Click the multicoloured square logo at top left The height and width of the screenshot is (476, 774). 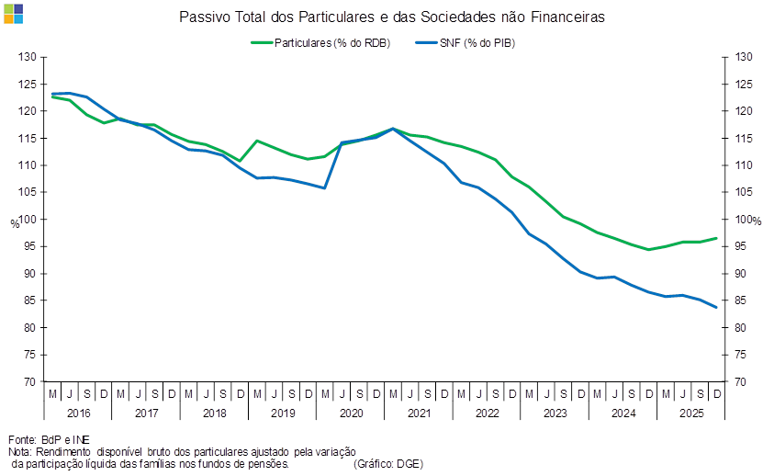13,13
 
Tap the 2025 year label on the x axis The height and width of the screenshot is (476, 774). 690,414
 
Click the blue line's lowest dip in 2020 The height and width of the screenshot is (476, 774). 325,187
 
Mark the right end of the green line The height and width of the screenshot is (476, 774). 717,238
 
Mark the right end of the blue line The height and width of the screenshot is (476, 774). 717,307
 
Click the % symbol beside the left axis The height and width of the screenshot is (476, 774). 13,221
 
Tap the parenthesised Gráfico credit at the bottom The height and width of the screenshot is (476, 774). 387,464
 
